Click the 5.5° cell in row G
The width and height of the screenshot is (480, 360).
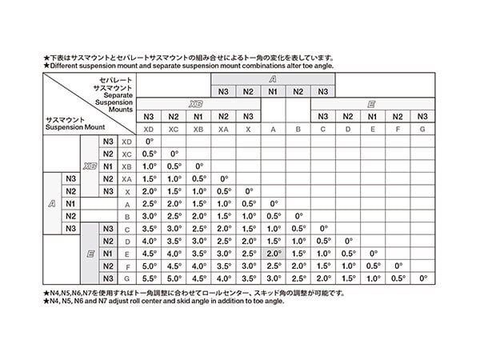(x=149, y=278)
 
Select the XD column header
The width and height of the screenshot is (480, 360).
(x=149, y=129)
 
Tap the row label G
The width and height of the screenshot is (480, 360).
(x=127, y=278)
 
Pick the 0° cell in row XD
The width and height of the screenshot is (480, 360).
(x=149, y=142)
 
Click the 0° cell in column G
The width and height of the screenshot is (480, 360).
(x=423, y=278)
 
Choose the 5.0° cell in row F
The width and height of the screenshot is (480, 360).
(x=149, y=266)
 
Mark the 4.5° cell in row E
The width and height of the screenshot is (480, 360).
(x=149, y=253)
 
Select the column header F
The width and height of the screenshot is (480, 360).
(x=398, y=129)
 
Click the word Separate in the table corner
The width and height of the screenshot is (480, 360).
(x=116, y=94)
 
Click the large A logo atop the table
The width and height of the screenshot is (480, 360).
(x=273, y=79)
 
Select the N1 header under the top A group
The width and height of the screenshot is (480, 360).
(x=273, y=91)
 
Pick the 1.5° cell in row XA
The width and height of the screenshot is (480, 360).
(x=149, y=178)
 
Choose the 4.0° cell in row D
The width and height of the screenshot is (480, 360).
(x=149, y=241)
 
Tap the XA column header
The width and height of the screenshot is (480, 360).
(x=223, y=129)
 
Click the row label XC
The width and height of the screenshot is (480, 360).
(x=127, y=154)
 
